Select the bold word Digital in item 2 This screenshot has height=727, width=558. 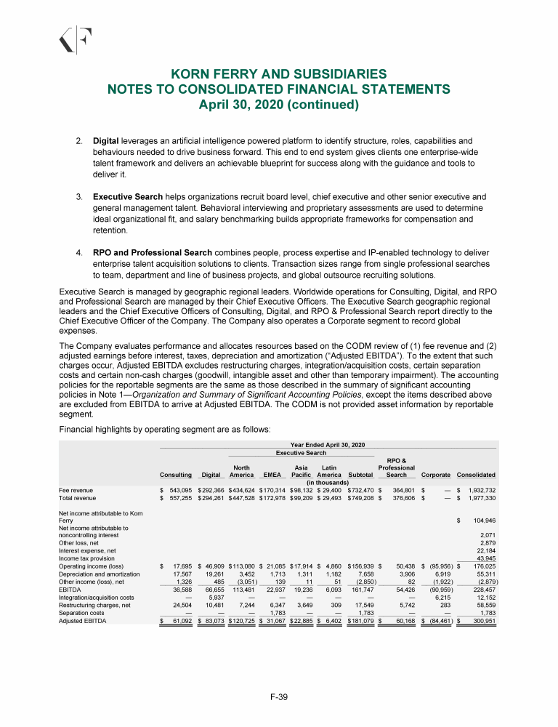coord(107,140)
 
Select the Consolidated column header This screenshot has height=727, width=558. coord(476,475)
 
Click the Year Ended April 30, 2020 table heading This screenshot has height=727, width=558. coord(327,444)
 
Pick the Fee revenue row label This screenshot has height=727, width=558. coord(76,491)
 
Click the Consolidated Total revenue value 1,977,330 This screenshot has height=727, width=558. coord(480,499)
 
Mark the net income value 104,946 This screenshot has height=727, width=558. coord(482,521)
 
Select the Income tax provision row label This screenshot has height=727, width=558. coord(86,558)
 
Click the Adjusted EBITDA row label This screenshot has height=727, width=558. coord(81,601)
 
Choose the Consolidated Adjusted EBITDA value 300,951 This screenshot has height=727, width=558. coord(482,601)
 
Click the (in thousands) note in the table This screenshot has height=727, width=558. coord(327,483)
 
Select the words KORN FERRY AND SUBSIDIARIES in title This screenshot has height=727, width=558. coord(278,74)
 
